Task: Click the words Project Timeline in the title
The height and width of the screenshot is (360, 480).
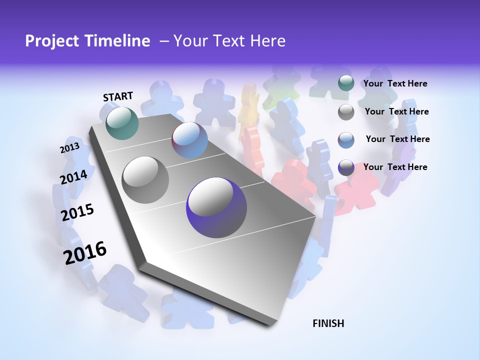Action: click(x=87, y=41)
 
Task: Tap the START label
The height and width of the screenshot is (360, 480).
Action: click(x=118, y=96)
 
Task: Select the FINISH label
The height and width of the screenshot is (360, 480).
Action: click(x=328, y=323)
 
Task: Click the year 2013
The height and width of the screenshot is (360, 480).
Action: click(x=69, y=148)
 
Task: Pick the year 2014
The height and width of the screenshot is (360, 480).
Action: click(x=73, y=177)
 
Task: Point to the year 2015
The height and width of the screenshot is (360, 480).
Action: click(x=77, y=212)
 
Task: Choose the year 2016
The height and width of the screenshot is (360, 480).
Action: click(x=85, y=252)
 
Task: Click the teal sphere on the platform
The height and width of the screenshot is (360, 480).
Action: click(x=122, y=123)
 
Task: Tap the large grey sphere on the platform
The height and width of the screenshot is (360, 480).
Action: click(x=145, y=179)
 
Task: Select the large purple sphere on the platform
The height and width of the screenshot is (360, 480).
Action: click(x=216, y=207)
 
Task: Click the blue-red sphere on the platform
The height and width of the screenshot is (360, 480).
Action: click(x=189, y=140)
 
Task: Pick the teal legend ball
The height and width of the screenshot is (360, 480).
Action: click(x=346, y=83)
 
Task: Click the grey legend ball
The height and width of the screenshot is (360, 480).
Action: click(x=346, y=112)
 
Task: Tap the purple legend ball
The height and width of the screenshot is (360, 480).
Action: click(x=346, y=167)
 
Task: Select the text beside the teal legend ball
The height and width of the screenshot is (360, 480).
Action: click(x=395, y=84)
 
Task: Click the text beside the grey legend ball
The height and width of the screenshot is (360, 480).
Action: click(x=396, y=111)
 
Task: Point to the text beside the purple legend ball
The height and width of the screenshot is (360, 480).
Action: click(x=395, y=167)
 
